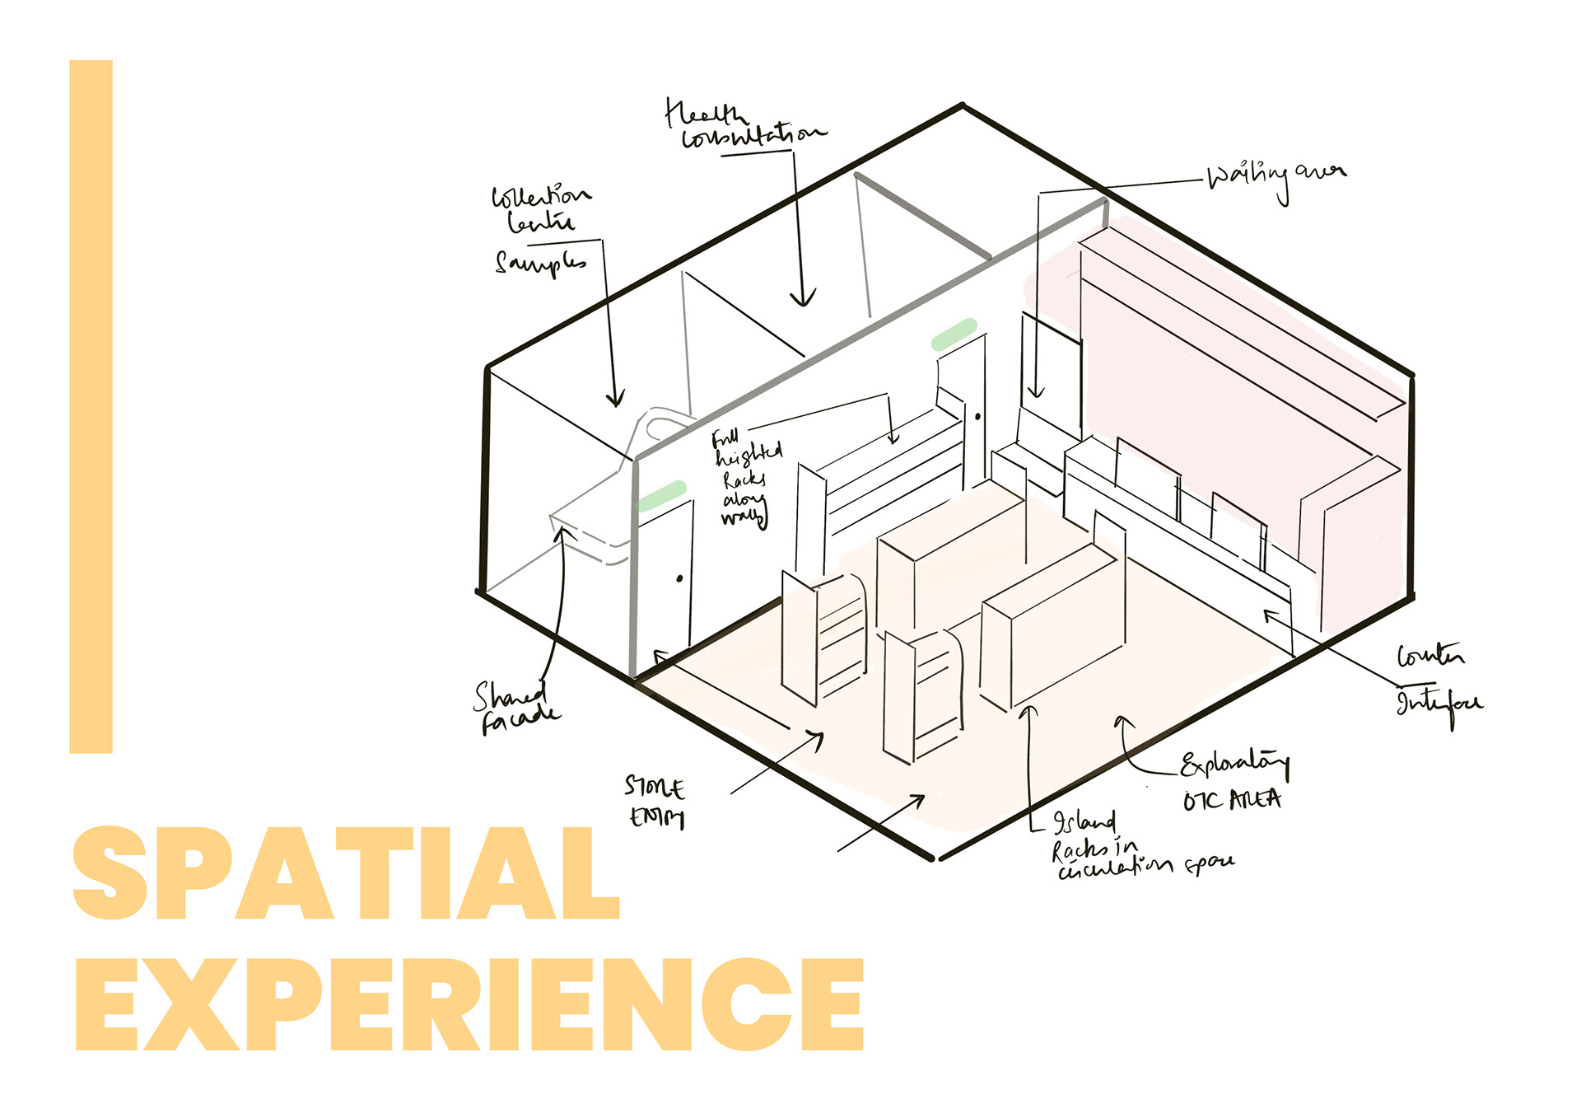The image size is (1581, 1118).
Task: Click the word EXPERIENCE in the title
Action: (x=469, y=1005)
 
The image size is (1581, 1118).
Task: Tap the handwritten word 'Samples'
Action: (x=540, y=263)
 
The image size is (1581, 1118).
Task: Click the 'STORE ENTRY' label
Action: (x=655, y=802)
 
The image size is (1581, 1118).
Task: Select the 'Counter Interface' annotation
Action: (x=1437, y=681)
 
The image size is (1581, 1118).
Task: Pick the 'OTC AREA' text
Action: (x=1232, y=800)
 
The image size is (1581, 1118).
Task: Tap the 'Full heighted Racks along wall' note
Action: (x=746, y=478)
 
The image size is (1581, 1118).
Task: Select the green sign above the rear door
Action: (x=954, y=334)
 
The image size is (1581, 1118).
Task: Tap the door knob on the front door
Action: (x=679, y=578)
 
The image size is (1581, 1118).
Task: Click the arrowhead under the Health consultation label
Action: (x=803, y=298)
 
